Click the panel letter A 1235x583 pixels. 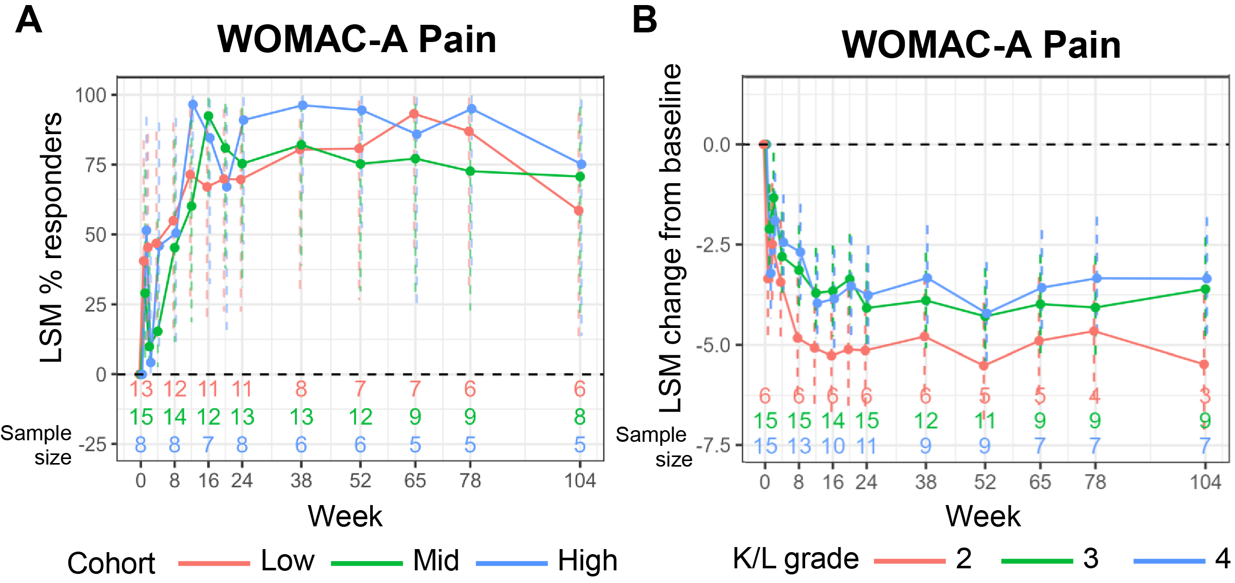tap(28, 20)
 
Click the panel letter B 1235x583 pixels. tap(644, 20)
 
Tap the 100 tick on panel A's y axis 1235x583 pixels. tap(91, 95)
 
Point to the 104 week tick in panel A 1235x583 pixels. tap(580, 480)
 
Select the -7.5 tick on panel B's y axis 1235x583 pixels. tap(714, 446)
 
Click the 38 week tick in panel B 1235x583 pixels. tap(925, 482)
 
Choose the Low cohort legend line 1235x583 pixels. tap(214, 563)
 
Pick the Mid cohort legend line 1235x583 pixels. tap(367, 563)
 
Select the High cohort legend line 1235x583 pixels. tap(512, 563)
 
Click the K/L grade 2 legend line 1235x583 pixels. tap(909, 561)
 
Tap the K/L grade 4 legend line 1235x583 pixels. tap(1169, 561)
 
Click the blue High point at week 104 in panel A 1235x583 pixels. tap(581, 164)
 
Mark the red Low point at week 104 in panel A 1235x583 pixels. tap(579, 211)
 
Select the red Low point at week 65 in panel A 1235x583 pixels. tap(414, 114)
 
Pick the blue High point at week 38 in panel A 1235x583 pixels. tap(302, 105)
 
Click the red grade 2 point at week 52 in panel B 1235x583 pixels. tap(984, 365)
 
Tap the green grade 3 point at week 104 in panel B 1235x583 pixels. tap(1205, 289)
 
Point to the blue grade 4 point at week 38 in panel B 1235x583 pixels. tap(927, 278)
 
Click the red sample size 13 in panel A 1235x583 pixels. tap(141, 389)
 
